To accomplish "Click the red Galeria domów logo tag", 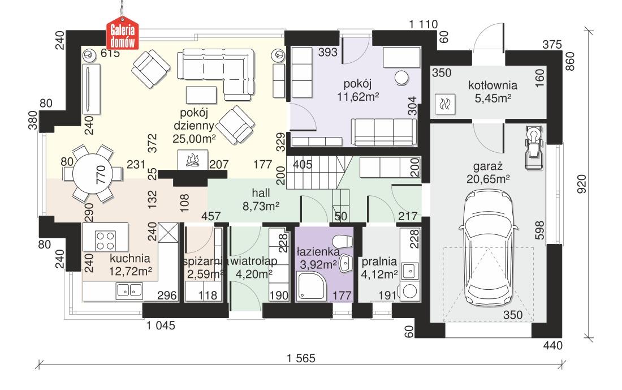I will [124, 36].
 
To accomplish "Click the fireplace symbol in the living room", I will [192, 160].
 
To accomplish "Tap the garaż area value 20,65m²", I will [489, 178].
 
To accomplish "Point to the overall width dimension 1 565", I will [300, 358].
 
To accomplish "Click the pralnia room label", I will [379, 262].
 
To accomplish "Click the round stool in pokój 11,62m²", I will [402, 78].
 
